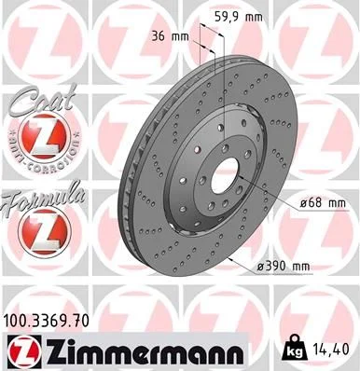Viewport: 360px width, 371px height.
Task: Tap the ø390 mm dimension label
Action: point(284,268)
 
